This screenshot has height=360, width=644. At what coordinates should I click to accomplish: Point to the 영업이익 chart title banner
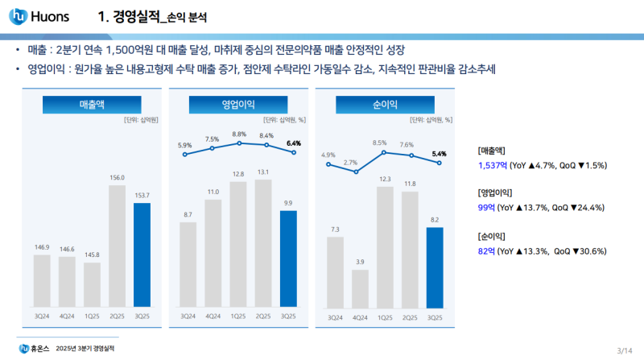(x=238, y=105)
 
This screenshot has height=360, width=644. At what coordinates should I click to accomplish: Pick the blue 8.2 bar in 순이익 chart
(x=435, y=267)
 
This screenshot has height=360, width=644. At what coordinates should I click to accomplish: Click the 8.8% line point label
(x=239, y=134)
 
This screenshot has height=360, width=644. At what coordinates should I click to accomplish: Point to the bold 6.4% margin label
(x=293, y=143)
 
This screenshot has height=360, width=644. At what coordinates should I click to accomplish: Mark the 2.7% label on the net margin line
(x=349, y=162)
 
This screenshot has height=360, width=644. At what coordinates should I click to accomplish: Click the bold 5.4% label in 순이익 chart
(x=440, y=153)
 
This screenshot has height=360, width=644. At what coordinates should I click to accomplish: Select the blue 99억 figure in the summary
(x=486, y=208)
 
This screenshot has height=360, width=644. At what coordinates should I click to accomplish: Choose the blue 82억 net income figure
(x=486, y=251)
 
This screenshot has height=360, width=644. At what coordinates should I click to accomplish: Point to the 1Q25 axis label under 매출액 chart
(x=93, y=316)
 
